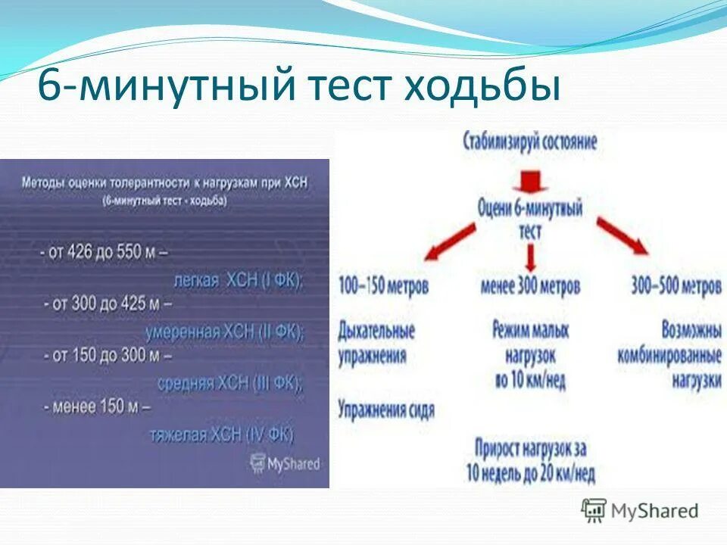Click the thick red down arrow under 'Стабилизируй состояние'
point(529,180)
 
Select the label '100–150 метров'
point(384,287)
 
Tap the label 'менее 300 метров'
point(530,287)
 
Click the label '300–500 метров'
point(676,287)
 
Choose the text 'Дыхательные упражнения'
point(377,343)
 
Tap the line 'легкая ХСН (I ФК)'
point(238,279)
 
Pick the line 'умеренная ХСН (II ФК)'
point(224,331)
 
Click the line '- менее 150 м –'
point(97,406)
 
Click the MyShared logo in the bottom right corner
point(639,510)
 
